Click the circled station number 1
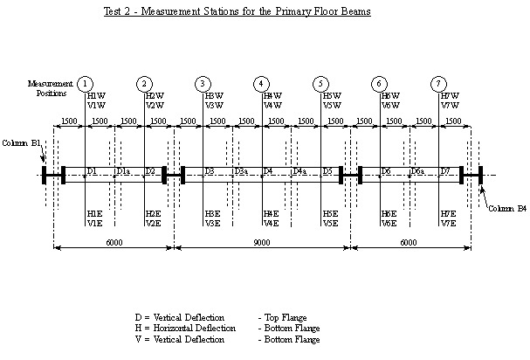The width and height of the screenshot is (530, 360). pyautogui.click(x=85, y=83)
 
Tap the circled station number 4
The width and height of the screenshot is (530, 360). pyautogui.click(x=262, y=83)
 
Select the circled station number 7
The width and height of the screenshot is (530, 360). pyautogui.click(x=438, y=83)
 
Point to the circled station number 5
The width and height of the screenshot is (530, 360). pyautogui.click(x=321, y=83)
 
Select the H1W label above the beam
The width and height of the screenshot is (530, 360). pyautogui.click(x=96, y=95)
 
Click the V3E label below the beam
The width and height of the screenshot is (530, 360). pyautogui.click(x=212, y=223)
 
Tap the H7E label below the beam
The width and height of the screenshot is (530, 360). pyautogui.click(x=449, y=213)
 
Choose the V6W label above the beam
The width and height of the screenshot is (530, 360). pyautogui.click(x=390, y=105)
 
